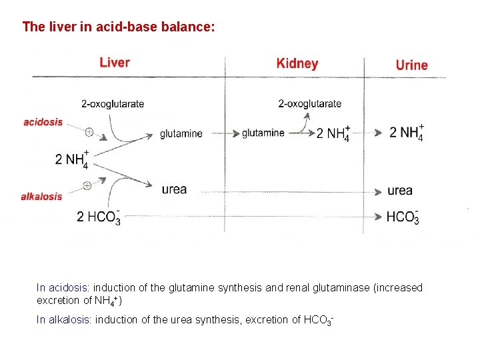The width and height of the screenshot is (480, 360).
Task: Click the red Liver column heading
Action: tap(115, 63)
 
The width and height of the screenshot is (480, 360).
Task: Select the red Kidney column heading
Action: tap(297, 64)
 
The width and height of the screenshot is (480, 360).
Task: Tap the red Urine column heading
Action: tap(411, 65)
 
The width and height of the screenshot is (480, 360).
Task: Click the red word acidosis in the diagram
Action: tap(43, 122)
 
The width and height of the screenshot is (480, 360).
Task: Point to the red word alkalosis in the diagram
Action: tap(41, 197)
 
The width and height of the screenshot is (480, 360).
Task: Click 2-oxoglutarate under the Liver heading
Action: tap(113, 103)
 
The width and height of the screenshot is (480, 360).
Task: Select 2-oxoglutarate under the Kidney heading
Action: tap(310, 103)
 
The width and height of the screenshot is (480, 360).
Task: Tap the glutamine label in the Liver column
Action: tap(181, 133)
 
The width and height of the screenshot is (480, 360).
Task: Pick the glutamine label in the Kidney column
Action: tap(263, 133)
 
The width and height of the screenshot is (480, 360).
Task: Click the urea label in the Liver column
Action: tap(174, 189)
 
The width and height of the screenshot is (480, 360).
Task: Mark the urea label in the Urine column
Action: tap(400, 191)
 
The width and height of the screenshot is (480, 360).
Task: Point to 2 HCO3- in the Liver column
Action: tap(99, 217)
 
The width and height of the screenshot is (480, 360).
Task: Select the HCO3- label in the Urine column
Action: tap(403, 217)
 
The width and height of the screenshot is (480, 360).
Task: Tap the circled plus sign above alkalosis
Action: tap(87, 185)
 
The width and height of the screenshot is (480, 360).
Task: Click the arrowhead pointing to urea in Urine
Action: tap(377, 191)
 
